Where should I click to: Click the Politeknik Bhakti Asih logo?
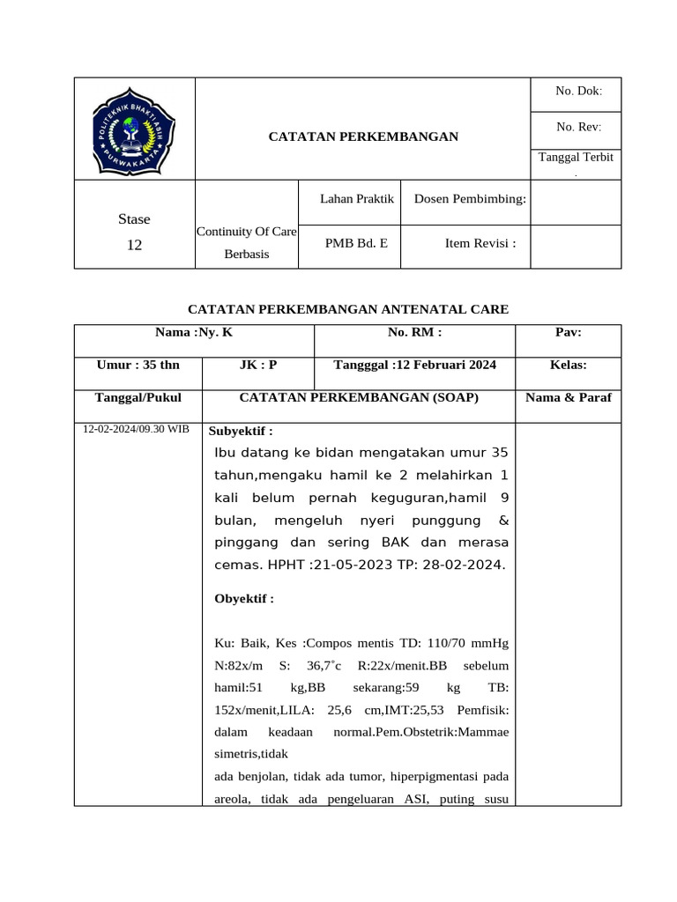pyautogui.click(x=134, y=130)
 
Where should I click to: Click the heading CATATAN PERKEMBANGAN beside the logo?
pyautogui.click(x=363, y=137)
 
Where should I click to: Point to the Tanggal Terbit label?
pyautogui.click(x=578, y=157)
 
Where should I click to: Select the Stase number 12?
pyautogui.click(x=134, y=246)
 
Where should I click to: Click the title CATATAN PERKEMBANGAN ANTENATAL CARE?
pyautogui.click(x=349, y=309)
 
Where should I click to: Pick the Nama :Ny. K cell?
pyautogui.click(x=194, y=332)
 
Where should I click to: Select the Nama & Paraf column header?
pyautogui.click(x=568, y=397)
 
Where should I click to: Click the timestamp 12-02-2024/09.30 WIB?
pyautogui.click(x=135, y=429)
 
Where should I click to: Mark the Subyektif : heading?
pyautogui.click(x=241, y=431)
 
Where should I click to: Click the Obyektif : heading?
pyautogui.click(x=244, y=599)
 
